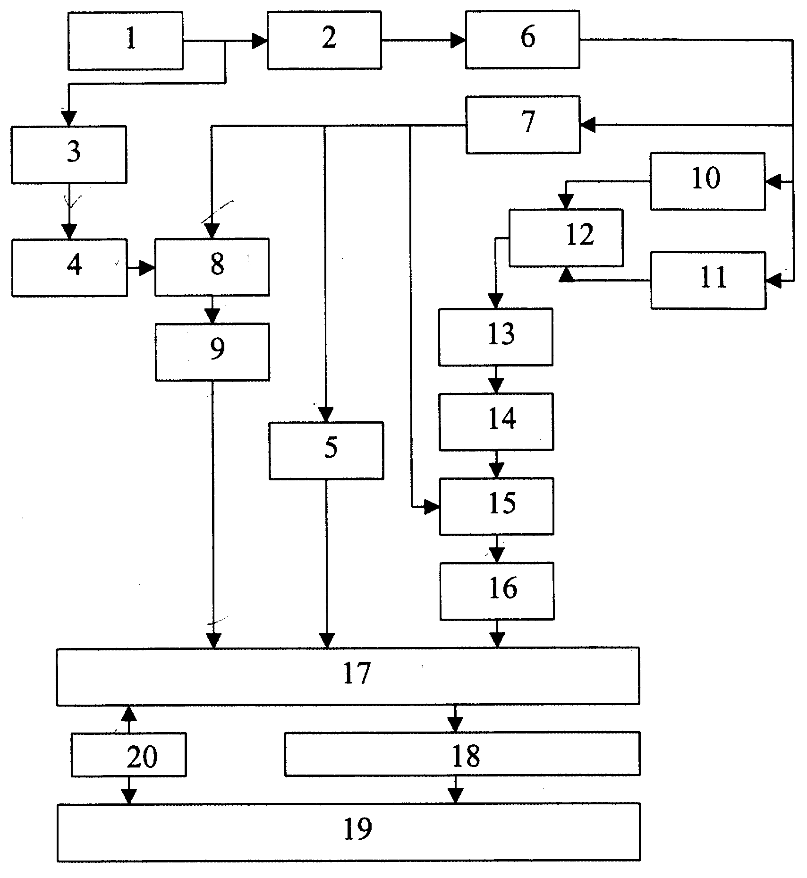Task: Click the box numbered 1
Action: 125,41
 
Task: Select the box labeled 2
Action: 324,41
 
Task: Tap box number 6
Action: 523,40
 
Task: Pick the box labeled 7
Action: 523,125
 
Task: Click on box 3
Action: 69,154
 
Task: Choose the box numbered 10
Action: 708,181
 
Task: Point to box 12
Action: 566,238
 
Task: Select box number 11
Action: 708,281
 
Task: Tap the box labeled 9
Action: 212,352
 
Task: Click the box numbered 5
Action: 326,451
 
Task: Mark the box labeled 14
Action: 496,422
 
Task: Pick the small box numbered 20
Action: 129,755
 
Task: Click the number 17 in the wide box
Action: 357,673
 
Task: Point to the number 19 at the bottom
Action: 357,828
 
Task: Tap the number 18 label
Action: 466,756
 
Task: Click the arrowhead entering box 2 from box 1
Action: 259,41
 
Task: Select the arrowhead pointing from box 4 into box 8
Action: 147,269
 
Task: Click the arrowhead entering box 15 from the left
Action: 432,508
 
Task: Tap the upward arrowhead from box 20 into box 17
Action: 129,713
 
